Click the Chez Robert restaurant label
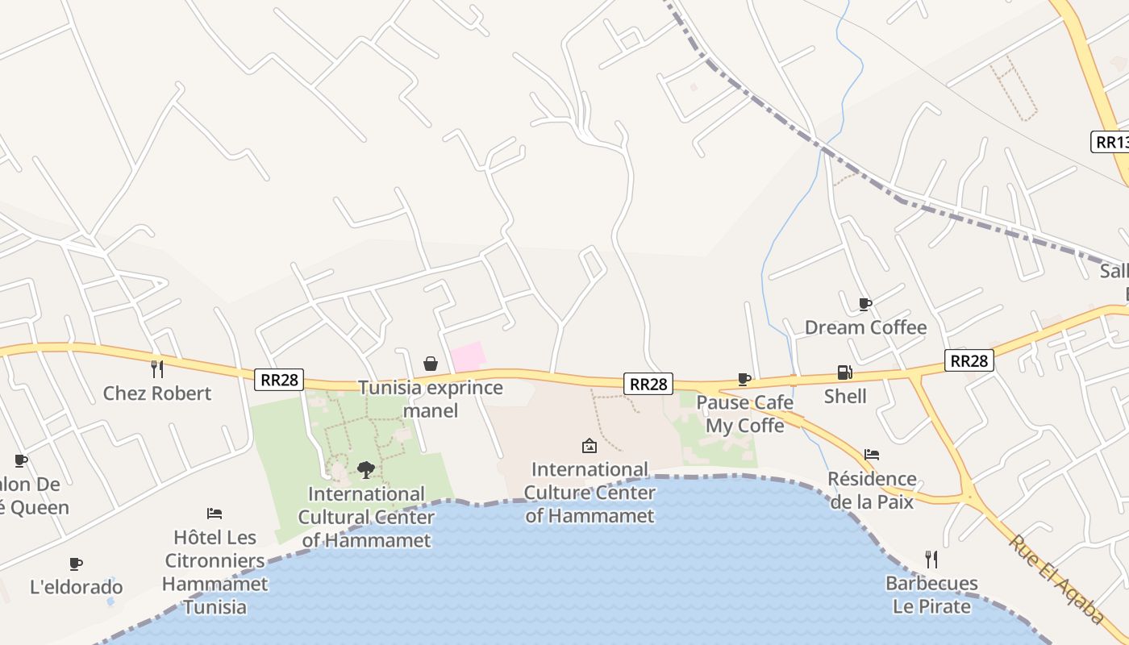click(x=157, y=393)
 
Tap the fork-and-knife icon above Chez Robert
click(x=157, y=369)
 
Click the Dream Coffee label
click(x=865, y=327)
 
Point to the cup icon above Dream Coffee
click(x=865, y=304)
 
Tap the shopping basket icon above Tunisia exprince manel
click(x=431, y=364)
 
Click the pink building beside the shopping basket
click(x=468, y=356)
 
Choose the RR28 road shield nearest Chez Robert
click(x=279, y=380)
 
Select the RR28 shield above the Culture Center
click(x=648, y=384)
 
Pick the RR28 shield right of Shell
click(x=969, y=360)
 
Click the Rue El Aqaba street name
click(x=1056, y=580)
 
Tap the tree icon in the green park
click(x=366, y=469)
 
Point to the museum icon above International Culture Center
click(x=589, y=445)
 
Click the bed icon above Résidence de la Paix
click(x=871, y=455)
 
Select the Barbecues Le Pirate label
click(x=931, y=594)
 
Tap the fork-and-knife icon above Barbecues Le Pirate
click(x=931, y=559)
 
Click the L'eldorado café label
click(x=77, y=587)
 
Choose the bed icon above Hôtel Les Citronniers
click(x=215, y=514)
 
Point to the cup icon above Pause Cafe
click(x=744, y=379)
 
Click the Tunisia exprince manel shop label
click(x=431, y=398)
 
